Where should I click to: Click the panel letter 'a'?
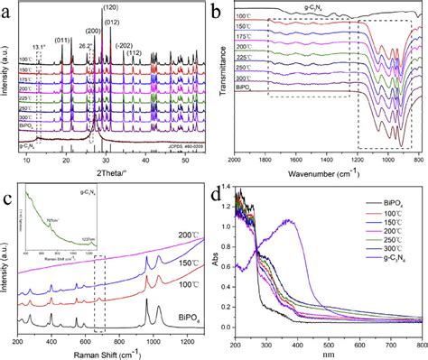pos(8,9)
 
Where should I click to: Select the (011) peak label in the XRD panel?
pos(64,41)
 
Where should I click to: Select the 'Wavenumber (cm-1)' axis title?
pos(329,170)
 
